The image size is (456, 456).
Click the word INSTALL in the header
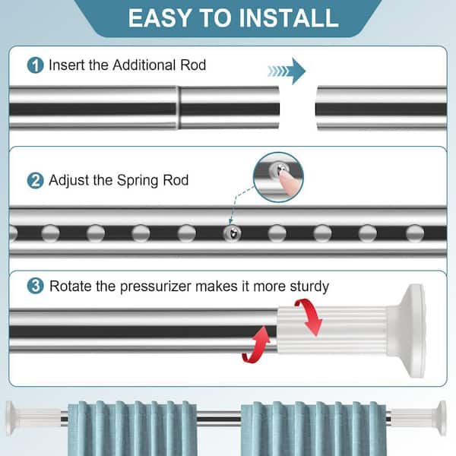(289, 18)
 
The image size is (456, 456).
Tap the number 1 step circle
(35, 65)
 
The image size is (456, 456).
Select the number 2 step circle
(35, 180)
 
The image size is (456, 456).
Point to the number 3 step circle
(35, 286)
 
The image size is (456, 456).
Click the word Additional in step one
(144, 65)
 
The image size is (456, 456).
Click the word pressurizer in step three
(156, 287)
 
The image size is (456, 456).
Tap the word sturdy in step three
(309, 287)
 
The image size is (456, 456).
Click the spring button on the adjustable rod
(232, 233)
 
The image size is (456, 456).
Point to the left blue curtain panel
(132, 429)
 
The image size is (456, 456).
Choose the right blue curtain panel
(313, 429)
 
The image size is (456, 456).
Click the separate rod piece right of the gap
(382, 108)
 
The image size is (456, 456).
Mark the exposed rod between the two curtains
(219, 419)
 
